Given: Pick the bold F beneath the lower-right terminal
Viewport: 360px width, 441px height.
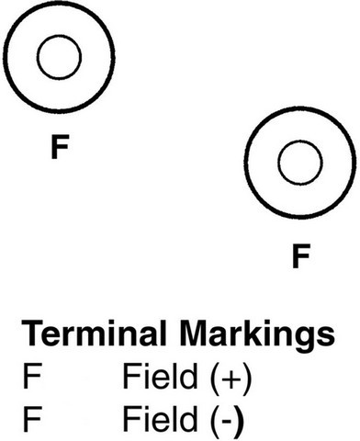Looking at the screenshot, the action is pyautogui.click(x=298, y=255).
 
